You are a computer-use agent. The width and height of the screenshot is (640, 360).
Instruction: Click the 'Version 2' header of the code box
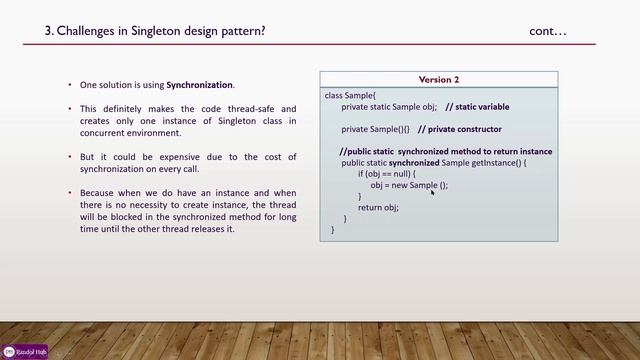(439, 79)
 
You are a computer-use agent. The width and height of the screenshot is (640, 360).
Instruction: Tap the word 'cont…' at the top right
(548, 31)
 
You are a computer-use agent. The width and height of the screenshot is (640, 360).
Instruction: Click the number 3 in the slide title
(49, 31)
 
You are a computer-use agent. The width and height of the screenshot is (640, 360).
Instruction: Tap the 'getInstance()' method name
(496, 162)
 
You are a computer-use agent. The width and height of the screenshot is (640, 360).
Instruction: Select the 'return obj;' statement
(378, 207)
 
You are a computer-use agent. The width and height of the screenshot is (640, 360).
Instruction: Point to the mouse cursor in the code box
(432, 192)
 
